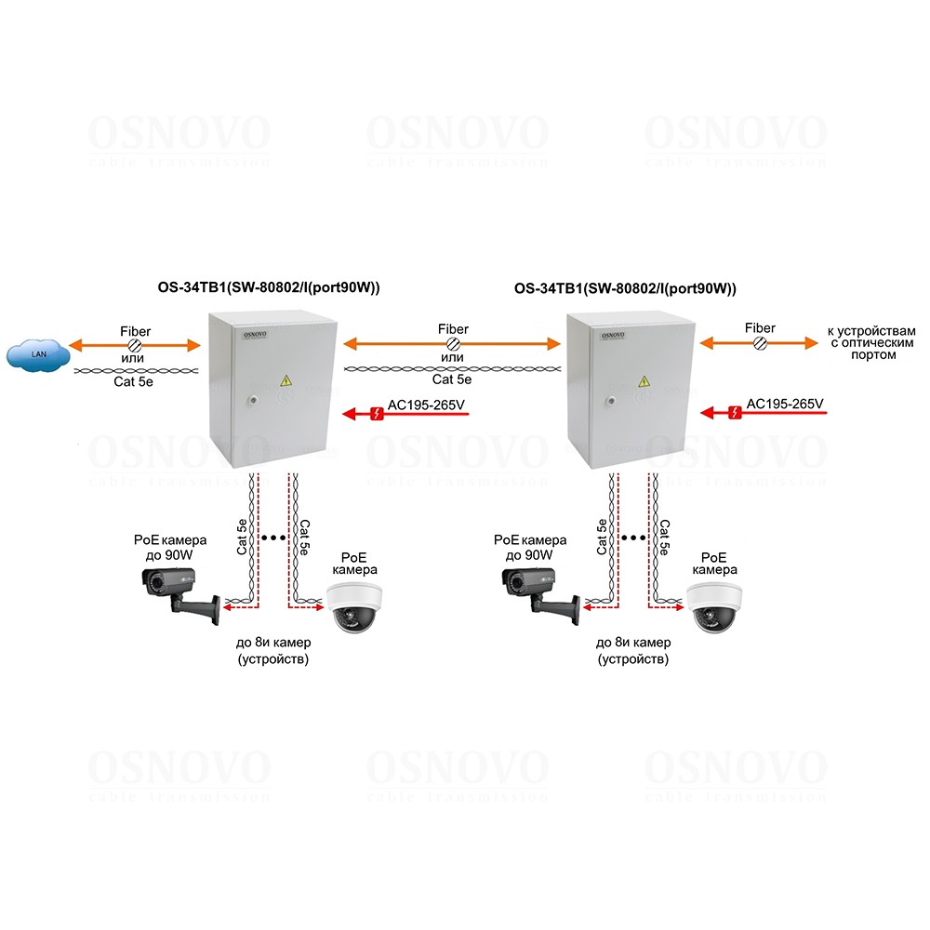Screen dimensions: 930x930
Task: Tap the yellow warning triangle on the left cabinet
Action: tap(286, 381)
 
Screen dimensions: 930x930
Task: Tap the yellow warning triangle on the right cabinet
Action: tap(644, 381)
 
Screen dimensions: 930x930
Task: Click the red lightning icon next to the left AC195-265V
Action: tap(376, 413)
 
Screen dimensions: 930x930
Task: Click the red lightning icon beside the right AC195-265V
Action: tap(735, 413)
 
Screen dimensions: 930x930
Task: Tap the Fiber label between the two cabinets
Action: tap(453, 329)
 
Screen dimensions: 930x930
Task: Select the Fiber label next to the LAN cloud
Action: tap(136, 331)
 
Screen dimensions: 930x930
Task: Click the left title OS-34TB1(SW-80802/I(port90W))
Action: tap(269, 289)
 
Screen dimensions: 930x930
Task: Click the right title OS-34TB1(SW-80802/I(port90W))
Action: tap(625, 289)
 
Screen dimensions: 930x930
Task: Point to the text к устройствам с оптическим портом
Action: tap(872, 342)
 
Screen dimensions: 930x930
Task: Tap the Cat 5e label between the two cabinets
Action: tap(453, 379)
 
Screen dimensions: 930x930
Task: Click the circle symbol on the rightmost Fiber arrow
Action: tap(759, 344)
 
